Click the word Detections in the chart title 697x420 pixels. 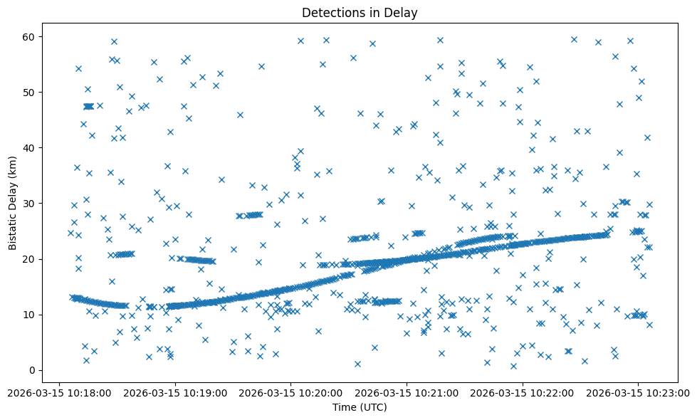click(329, 12)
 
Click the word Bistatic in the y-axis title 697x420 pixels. click(14, 228)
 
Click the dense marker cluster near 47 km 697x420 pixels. click(88, 106)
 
